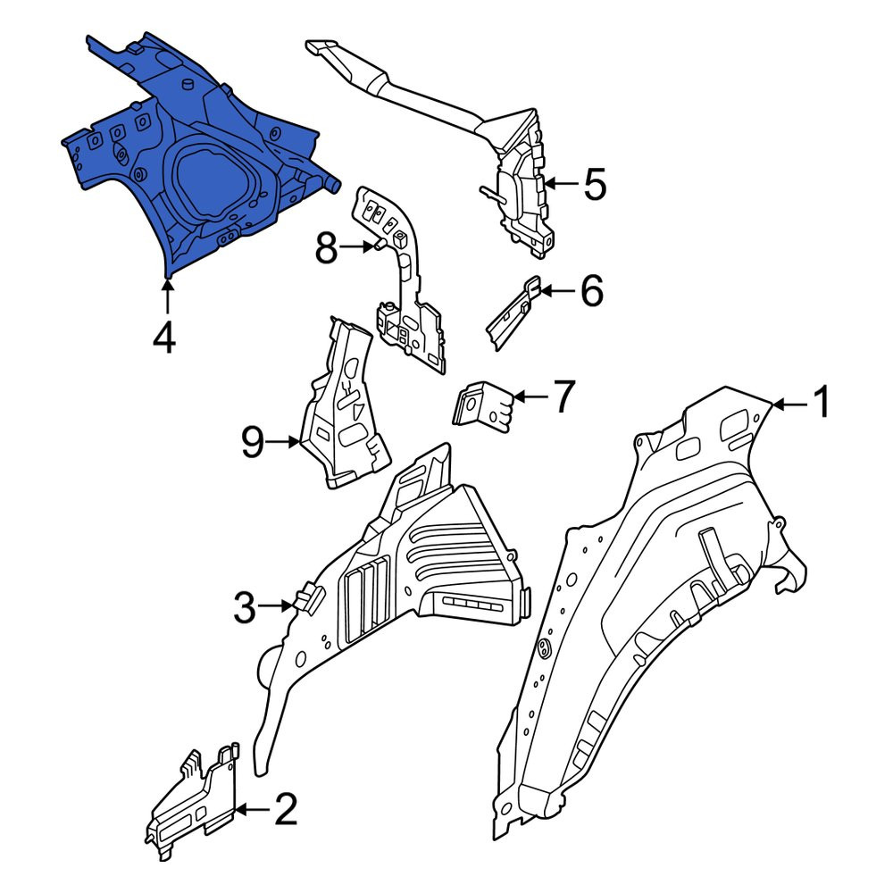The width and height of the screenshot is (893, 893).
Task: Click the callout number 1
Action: pos(821,402)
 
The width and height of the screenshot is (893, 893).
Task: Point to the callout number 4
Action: pos(164,338)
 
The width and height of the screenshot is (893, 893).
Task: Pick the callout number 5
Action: pos(595,184)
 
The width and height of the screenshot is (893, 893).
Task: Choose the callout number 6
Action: pos(592,290)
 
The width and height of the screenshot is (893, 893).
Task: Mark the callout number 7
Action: pos(563,397)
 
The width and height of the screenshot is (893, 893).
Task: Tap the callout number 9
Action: pos(253,442)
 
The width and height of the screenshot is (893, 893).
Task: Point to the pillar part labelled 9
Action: pos(344,406)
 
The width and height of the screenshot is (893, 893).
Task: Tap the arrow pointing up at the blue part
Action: pos(168,295)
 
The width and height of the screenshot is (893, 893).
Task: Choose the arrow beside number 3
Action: pos(276,606)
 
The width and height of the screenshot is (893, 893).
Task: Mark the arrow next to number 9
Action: pos(283,441)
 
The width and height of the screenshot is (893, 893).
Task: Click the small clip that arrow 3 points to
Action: pos(308,598)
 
